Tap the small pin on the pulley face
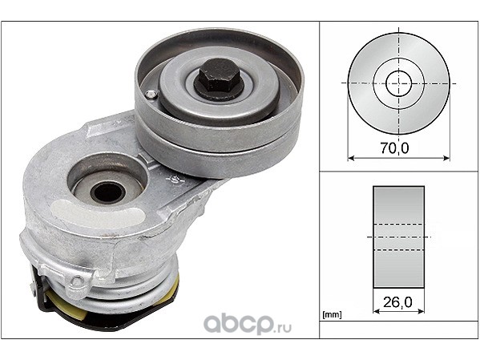[150, 95]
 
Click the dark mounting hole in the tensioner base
[107, 192]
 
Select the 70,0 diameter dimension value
[394, 148]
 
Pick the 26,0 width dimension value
[397, 302]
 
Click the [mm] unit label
[332, 314]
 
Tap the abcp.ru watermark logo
[248, 325]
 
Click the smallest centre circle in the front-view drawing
[398, 83]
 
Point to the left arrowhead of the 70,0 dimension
[351, 159]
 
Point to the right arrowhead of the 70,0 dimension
[446, 159]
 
